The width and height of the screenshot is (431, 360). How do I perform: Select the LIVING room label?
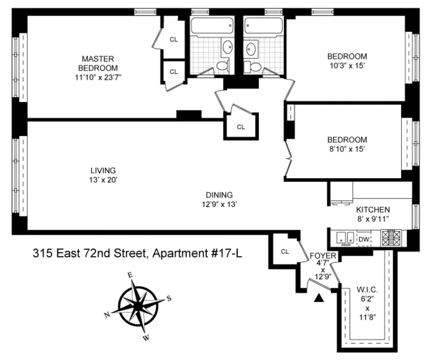click(103, 170)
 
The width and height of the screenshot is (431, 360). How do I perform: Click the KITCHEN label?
click(373, 209)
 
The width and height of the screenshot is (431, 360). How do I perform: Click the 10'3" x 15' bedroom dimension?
click(346, 66)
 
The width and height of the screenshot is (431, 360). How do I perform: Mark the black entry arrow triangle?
click(320, 296)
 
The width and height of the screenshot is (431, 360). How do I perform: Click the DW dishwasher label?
click(363, 238)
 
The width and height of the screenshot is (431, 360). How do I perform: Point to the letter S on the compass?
click(169, 298)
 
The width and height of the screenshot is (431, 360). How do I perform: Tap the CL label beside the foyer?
click(285, 251)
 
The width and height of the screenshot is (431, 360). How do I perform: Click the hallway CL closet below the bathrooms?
click(240, 127)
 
